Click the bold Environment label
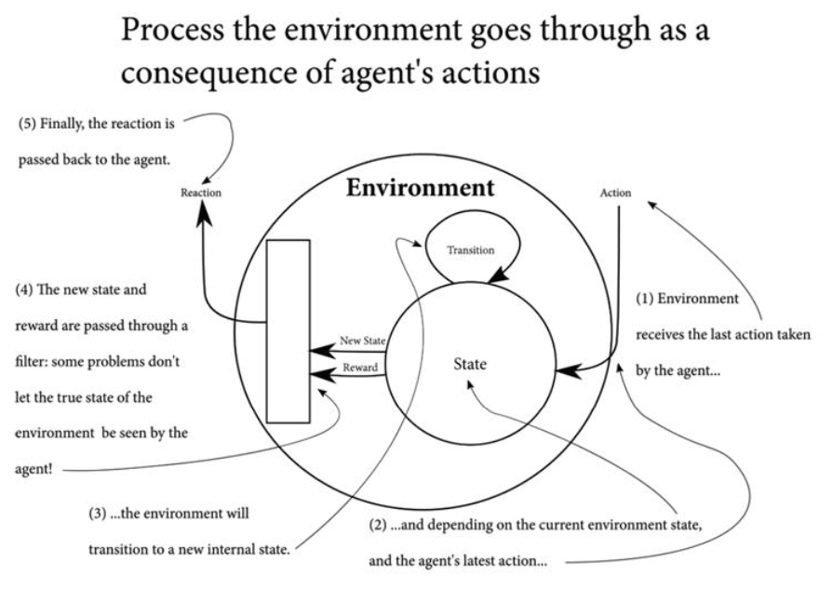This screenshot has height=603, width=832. click(x=421, y=187)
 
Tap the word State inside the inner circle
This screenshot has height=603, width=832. click(x=469, y=365)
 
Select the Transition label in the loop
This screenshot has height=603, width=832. click(x=470, y=250)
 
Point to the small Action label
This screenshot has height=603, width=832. click(x=616, y=194)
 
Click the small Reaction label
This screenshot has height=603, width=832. click(x=202, y=194)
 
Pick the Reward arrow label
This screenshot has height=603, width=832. click(x=360, y=368)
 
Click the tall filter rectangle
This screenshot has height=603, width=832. click(x=288, y=331)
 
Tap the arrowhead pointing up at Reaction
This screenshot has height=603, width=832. click(x=202, y=216)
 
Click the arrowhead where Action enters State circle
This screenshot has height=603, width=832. click(x=564, y=372)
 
